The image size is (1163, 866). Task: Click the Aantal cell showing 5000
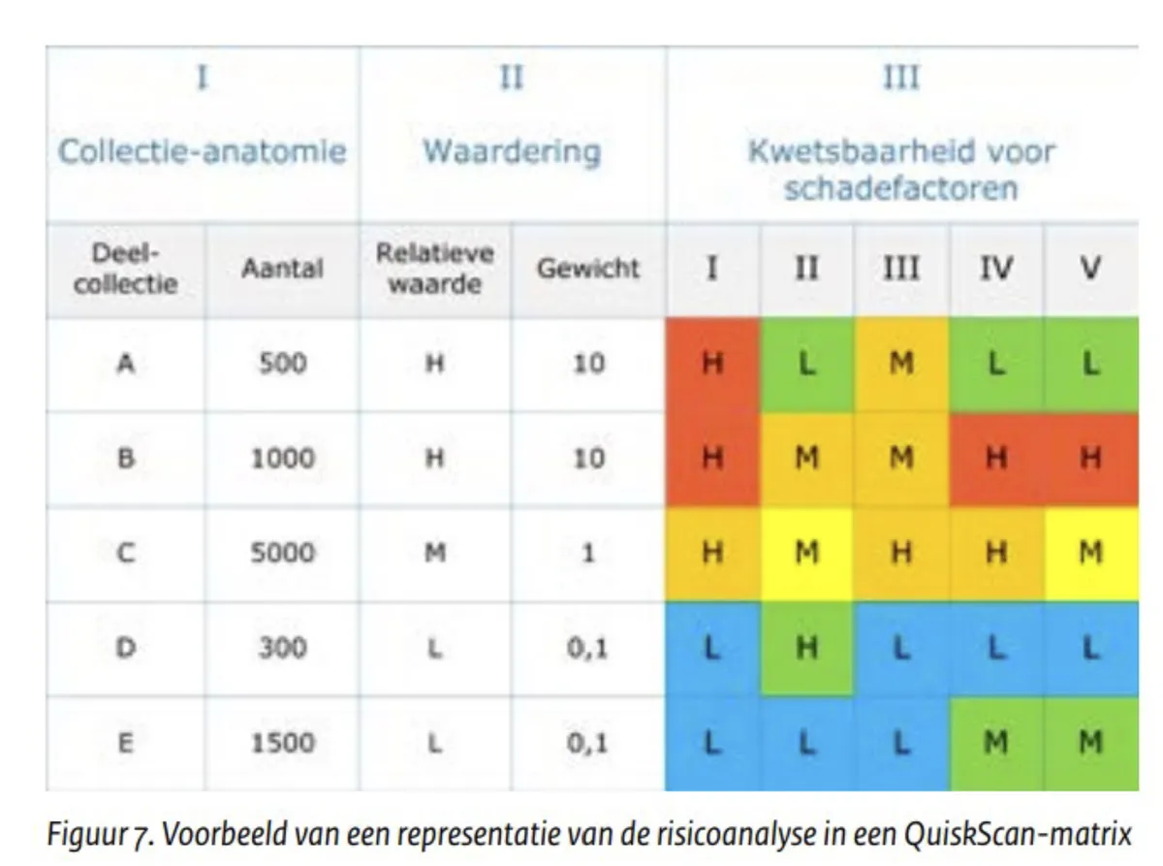pos(283,553)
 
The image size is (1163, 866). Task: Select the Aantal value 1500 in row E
pos(283,743)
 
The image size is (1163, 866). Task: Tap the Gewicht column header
pos(587,269)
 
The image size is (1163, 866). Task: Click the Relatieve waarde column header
pos(435,269)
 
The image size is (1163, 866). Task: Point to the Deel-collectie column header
pos(125,269)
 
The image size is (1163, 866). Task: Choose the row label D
pos(125,648)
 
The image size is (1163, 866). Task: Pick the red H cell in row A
pos(712,365)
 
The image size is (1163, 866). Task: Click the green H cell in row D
pos(806,649)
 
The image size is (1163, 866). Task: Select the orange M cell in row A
pos(900,365)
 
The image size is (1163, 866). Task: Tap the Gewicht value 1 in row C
pos(587,553)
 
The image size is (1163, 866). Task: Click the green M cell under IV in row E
pos(995,744)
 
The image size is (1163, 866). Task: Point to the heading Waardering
pos(512,151)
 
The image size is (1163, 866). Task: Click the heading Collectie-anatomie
pos(203,151)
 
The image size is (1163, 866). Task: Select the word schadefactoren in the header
pos(900,188)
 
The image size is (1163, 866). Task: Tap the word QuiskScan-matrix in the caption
pos(1018,833)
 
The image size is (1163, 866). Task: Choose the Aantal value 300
pos(283,648)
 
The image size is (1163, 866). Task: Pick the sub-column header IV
pos(995,269)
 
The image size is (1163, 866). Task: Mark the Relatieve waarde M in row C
pos(435,553)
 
